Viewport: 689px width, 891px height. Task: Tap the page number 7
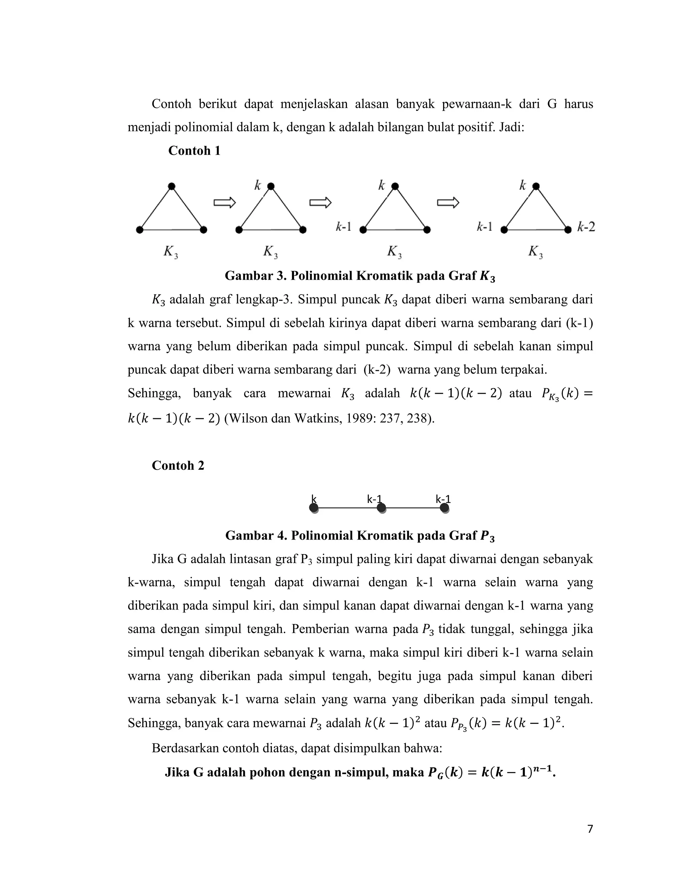click(590, 829)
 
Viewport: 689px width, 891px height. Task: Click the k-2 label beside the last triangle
click(586, 227)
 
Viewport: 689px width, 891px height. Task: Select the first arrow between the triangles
click(224, 202)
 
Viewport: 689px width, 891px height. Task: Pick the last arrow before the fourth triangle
click(448, 202)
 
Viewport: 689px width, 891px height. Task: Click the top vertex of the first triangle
click(172, 187)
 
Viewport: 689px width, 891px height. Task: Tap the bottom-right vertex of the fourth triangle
click(568, 230)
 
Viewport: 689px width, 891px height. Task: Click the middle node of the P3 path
click(381, 508)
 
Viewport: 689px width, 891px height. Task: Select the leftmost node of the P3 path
click(314, 508)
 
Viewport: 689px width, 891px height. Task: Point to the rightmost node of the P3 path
click(444, 508)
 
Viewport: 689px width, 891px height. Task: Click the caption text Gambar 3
click(255, 276)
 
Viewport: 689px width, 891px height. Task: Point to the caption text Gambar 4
click(255, 536)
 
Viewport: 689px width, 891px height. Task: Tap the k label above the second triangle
click(258, 186)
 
